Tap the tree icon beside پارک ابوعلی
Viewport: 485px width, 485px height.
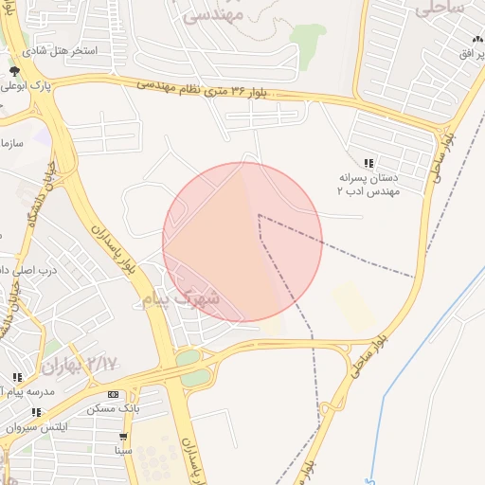(x=14, y=72)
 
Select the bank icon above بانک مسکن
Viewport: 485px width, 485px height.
(x=113, y=394)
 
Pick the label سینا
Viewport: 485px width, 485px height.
(x=123, y=450)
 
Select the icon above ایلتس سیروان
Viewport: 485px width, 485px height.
(x=36, y=413)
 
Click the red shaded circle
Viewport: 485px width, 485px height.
(x=242, y=242)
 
